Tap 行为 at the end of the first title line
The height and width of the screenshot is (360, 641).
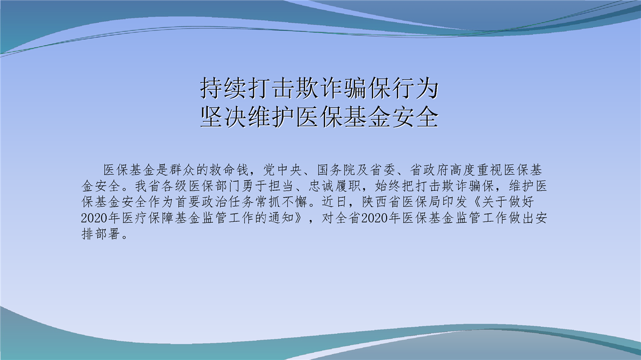pos(415,88)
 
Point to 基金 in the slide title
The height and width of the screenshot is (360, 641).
pos(368,117)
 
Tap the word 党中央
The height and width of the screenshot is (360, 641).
pos(282,170)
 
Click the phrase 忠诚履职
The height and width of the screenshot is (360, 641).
pos(335,186)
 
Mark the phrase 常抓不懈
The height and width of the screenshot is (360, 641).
pos(282,202)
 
